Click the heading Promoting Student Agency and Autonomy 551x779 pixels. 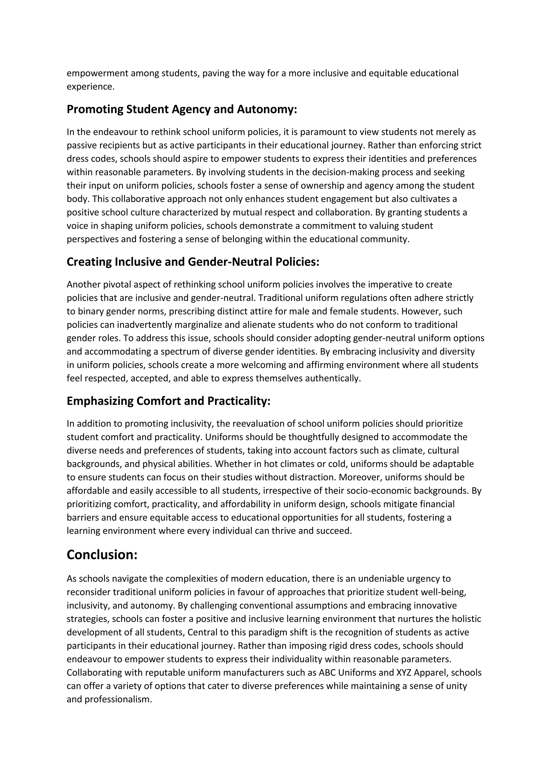coord(182,109)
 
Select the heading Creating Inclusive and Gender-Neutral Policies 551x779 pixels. coord(193,262)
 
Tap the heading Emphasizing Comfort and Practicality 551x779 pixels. coord(168,401)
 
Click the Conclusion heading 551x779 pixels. coord(102,555)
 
